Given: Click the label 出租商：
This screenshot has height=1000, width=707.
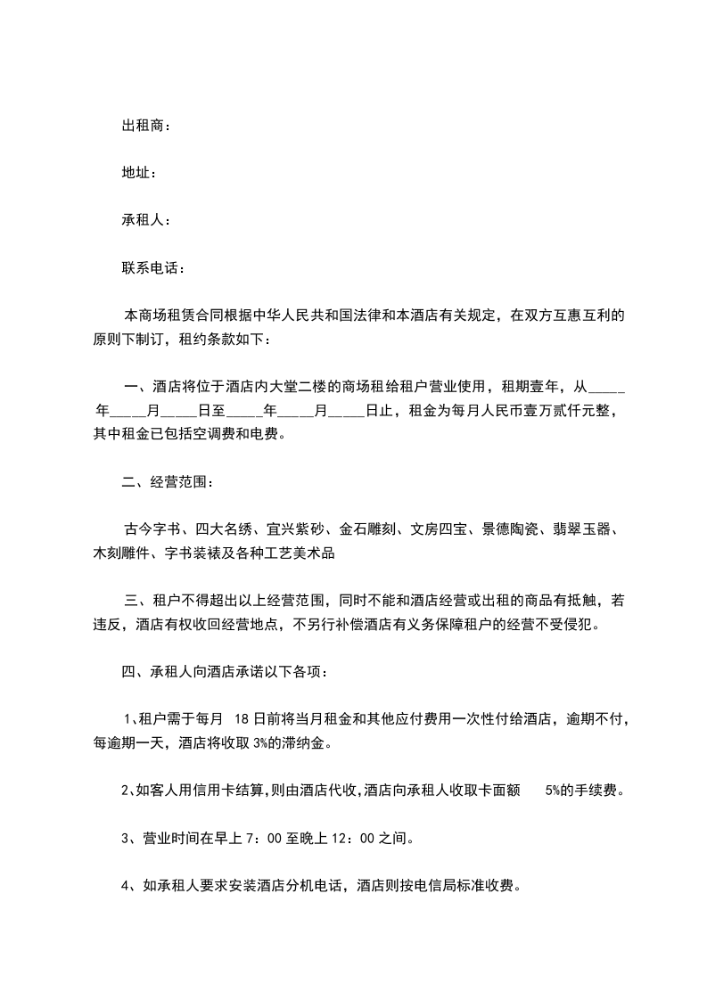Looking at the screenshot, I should [146, 126].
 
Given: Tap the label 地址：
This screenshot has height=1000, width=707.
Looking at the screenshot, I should [139, 172].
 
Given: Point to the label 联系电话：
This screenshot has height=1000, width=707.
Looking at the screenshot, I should [153, 266].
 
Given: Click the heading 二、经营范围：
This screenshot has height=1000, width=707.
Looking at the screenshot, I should [168, 482].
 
